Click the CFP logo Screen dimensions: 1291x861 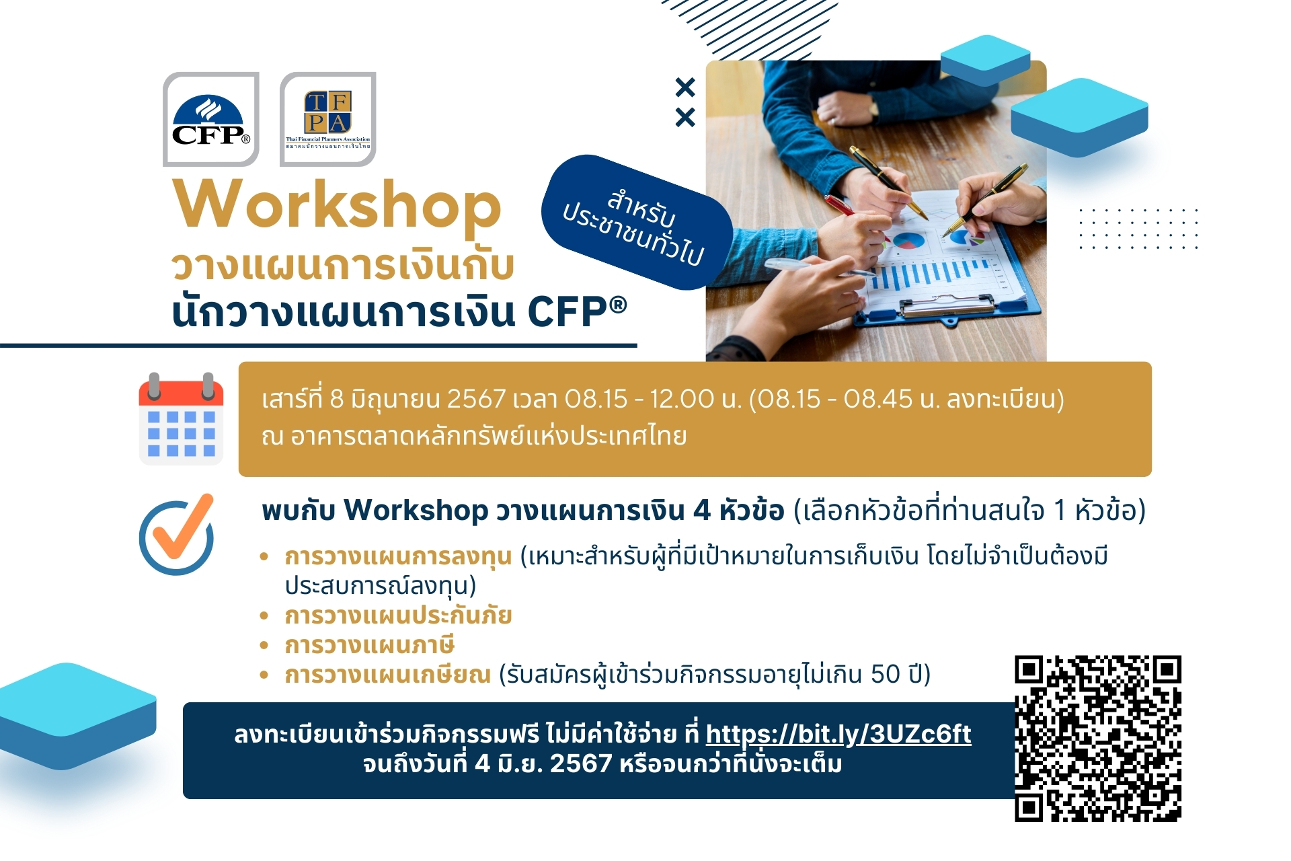[210, 119]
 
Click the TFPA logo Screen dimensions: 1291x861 [328, 119]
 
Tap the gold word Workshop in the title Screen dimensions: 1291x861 [338, 205]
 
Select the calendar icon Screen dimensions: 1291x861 [181, 418]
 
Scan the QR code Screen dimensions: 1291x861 [1098, 739]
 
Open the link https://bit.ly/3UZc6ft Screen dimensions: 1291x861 [838, 734]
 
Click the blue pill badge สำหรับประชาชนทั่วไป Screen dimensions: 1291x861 [637, 223]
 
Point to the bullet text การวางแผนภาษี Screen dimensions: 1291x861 [370, 645]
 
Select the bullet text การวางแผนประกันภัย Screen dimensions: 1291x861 [399, 615]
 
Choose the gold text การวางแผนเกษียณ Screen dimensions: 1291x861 [388, 674]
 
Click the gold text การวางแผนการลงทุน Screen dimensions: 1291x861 [399, 557]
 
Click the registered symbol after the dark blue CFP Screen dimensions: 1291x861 [618, 305]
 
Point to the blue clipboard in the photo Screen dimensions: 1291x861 [948, 269]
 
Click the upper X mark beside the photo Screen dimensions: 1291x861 [685, 87]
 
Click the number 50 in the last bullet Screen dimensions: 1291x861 [886, 674]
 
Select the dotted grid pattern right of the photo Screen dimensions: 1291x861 [1138, 229]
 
